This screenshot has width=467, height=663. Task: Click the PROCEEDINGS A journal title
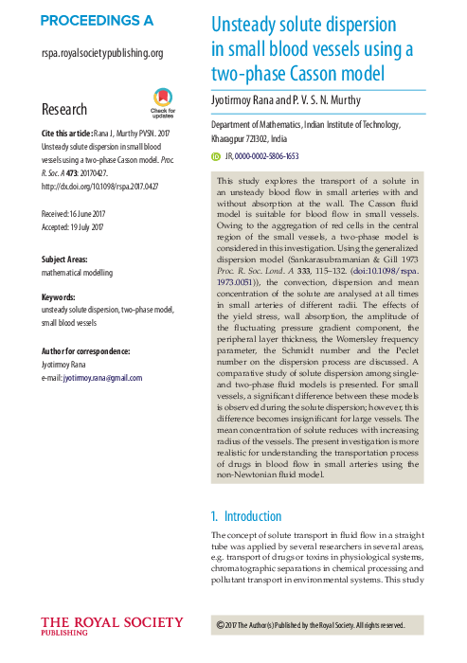point(97,21)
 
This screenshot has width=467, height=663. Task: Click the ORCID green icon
point(216,155)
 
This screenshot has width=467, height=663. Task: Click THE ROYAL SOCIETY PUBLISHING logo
point(112,626)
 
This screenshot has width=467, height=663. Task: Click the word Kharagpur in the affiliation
point(237,137)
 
